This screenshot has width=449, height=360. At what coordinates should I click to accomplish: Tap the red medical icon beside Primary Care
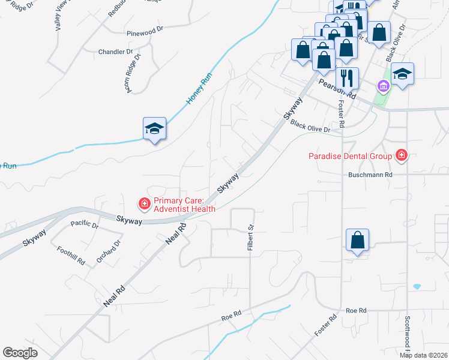click(144, 205)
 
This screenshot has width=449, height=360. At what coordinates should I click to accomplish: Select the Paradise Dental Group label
click(351, 157)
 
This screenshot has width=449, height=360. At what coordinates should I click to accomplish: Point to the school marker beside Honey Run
click(154, 128)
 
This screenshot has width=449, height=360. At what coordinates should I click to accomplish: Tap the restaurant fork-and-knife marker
click(347, 78)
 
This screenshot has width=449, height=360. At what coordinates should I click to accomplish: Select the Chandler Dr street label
click(115, 52)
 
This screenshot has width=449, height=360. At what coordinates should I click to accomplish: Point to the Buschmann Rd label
click(370, 175)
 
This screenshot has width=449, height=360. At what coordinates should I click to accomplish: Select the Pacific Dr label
click(84, 225)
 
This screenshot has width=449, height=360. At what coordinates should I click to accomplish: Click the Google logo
click(20, 353)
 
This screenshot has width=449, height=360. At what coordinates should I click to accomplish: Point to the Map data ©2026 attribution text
click(423, 355)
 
